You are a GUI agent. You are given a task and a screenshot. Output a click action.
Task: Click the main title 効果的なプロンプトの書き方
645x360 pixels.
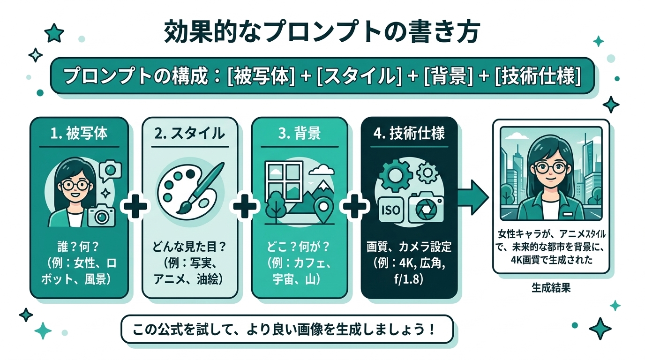pos(322,33)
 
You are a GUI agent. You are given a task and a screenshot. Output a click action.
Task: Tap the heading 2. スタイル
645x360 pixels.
pos(189,134)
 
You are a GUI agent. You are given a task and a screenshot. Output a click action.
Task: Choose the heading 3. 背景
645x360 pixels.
pos(299,134)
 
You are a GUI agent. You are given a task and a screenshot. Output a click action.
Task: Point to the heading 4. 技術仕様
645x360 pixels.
pos(409,134)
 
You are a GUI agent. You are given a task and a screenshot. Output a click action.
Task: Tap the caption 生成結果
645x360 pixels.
pos(551,288)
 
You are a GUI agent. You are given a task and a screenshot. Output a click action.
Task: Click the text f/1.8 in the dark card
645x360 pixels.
pos(409,280)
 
